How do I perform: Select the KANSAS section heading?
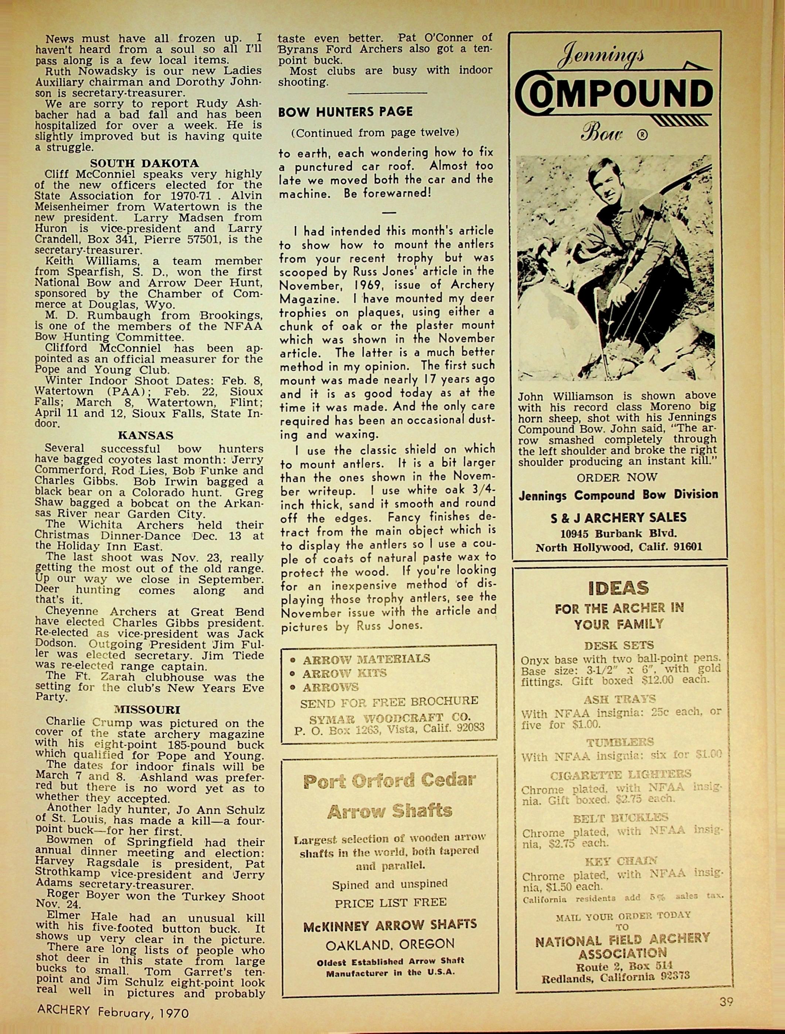pos(145,436)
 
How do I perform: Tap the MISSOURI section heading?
pos(147,710)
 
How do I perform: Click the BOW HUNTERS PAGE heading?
pos(345,112)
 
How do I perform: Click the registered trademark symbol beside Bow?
pos(642,136)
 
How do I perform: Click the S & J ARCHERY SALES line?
pos(619,517)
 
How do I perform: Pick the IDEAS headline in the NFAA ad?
pos(619,588)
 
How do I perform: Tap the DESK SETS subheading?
pos(619,646)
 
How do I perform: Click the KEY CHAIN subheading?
pos(621,861)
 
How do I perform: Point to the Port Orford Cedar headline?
pos(389,780)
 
